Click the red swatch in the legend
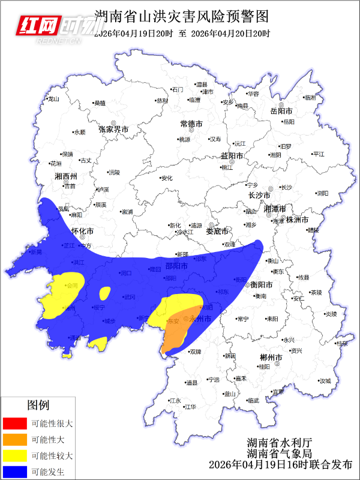[x=14, y=423]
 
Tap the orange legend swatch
[x=14, y=439]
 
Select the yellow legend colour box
[x=14, y=456]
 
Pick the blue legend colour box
[x=14, y=472]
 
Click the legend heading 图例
[x=38, y=406]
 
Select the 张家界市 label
[x=114, y=129]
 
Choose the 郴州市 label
[x=271, y=358]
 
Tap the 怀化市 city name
[x=82, y=231]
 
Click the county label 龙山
[x=54, y=99]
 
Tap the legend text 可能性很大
[x=52, y=423]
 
